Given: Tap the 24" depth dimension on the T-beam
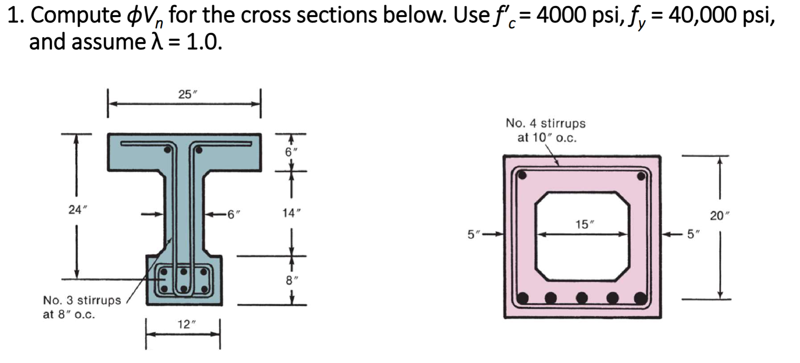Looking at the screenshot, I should pos(75,210).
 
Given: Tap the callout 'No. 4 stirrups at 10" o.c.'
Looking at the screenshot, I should pos(545,130).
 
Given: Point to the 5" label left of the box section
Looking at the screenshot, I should pos(472,234).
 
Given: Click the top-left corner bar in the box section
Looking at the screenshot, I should pos(522,175).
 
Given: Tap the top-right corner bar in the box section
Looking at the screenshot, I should pos(641,176).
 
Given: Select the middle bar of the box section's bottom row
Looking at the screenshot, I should pos(581,297).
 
